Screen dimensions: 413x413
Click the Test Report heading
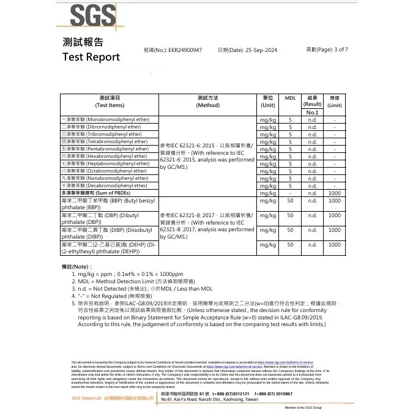[91, 57]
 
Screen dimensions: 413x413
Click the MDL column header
[291, 98]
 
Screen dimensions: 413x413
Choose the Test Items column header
[109, 102]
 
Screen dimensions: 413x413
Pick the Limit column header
[335, 102]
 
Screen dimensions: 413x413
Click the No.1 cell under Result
[312, 113]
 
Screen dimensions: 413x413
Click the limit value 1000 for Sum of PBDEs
[335, 193]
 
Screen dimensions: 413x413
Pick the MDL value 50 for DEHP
[291, 245]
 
